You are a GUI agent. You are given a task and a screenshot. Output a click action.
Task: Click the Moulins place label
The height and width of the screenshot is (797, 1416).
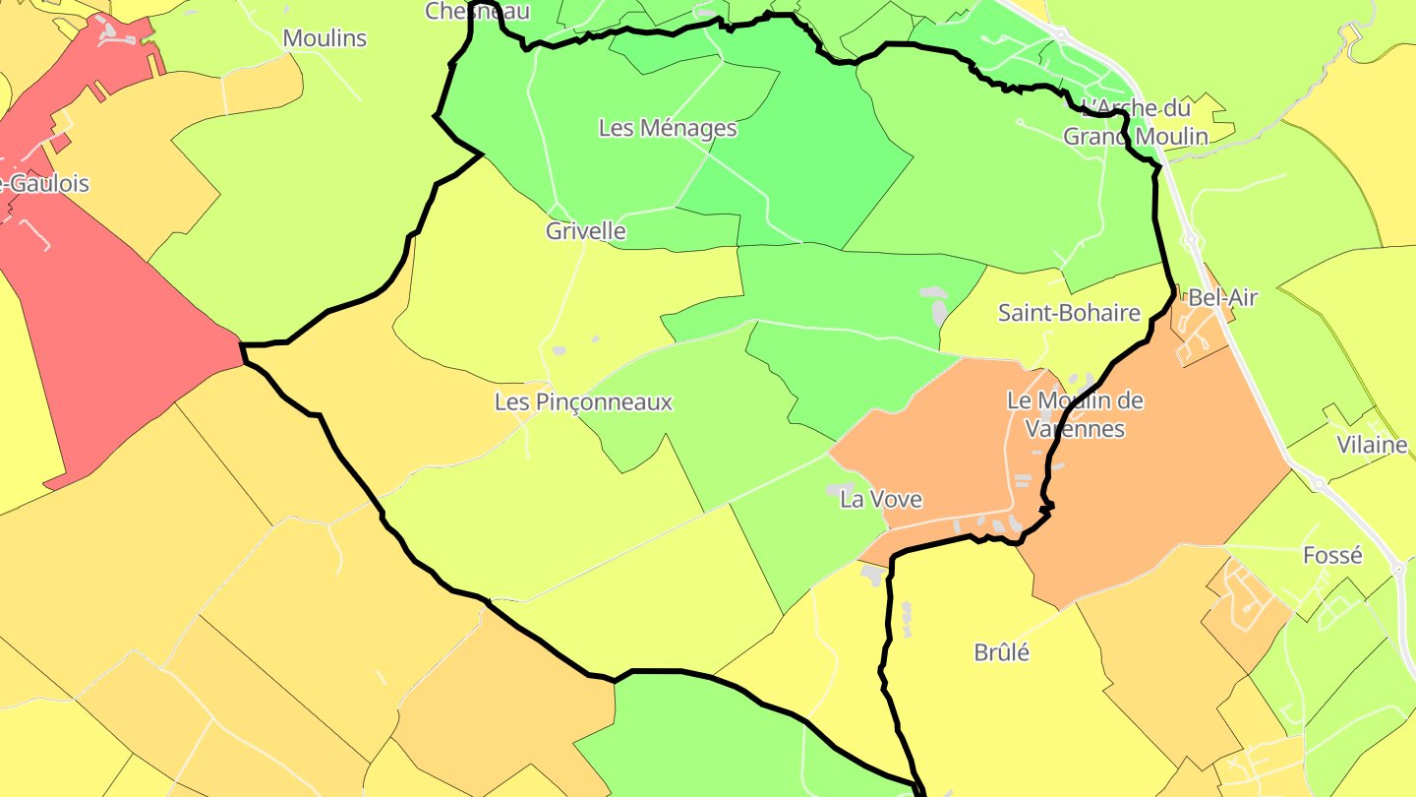click(324, 38)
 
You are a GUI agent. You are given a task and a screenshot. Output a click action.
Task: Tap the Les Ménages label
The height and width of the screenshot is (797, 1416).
click(668, 128)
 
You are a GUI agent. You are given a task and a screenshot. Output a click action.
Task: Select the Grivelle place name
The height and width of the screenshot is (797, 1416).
click(586, 231)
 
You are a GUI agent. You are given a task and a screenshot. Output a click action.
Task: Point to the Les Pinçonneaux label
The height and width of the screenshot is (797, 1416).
click(583, 402)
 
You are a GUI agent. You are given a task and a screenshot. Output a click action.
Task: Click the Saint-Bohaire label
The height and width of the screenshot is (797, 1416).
click(1069, 313)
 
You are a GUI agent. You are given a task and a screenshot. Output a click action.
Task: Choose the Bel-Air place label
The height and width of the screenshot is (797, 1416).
click(1222, 297)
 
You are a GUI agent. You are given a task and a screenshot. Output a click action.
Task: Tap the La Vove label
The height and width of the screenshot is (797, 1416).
click(881, 499)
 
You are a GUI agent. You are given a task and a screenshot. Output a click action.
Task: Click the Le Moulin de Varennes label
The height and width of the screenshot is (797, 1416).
click(1075, 414)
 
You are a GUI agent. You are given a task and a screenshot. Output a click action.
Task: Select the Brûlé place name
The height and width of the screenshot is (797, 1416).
click(1001, 652)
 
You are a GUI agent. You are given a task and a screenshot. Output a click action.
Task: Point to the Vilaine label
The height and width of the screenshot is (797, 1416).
click(1372, 445)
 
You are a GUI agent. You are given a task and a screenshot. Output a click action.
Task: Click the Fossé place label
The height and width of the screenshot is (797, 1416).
click(1332, 555)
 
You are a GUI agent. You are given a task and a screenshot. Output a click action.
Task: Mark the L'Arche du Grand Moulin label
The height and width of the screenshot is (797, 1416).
click(1135, 122)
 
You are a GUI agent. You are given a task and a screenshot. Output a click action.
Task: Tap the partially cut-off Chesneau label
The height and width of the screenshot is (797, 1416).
click(477, 11)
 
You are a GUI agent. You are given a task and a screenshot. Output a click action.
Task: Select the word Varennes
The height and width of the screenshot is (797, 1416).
click(1075, 429)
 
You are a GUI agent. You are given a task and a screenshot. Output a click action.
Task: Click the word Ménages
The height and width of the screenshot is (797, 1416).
click(687, 128)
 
